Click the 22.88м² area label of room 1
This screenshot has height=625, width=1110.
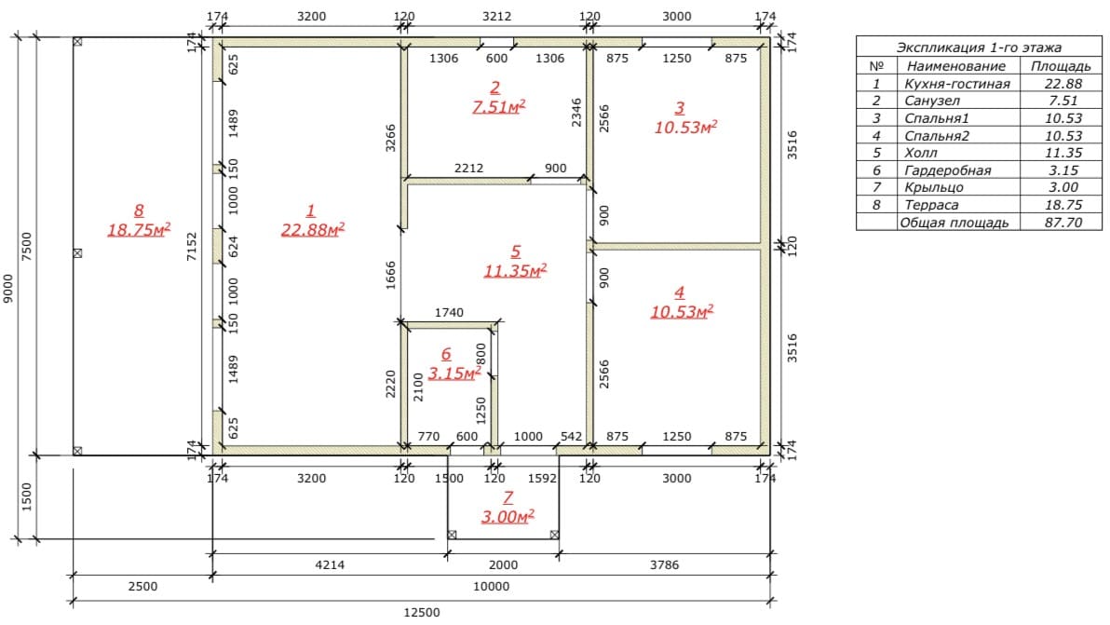(x=313, y=230)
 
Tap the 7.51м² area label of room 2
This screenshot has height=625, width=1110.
(x=499, y=107)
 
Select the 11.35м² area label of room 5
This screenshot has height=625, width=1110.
(x=515, y=270)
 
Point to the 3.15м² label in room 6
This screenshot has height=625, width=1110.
(x=454, y=373)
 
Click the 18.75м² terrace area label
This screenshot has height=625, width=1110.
(x=139, y=230)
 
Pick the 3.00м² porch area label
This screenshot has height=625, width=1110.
(x=508, y=517)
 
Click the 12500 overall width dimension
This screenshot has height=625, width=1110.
(x=422, y=613)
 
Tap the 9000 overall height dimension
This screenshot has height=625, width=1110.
(x=8, y=289)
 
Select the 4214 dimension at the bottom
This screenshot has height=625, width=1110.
(x=330, y=564)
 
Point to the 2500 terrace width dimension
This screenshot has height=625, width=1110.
(x=142, y=586)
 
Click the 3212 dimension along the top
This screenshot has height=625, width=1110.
(x=496, y=16)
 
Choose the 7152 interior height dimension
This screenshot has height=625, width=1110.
(x=192, y=246)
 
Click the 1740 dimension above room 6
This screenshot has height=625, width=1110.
(x=449, y=312)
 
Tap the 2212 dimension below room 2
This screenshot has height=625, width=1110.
(x=468, y=168)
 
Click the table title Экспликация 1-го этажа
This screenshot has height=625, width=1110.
(x=979, y=48)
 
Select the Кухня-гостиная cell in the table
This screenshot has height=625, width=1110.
(x=957, y=84)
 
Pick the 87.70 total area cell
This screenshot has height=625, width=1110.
(x=1063, y=223)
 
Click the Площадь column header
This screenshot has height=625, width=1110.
(x=1061, y=66)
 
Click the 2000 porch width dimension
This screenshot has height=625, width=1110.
(x=504, y=564)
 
